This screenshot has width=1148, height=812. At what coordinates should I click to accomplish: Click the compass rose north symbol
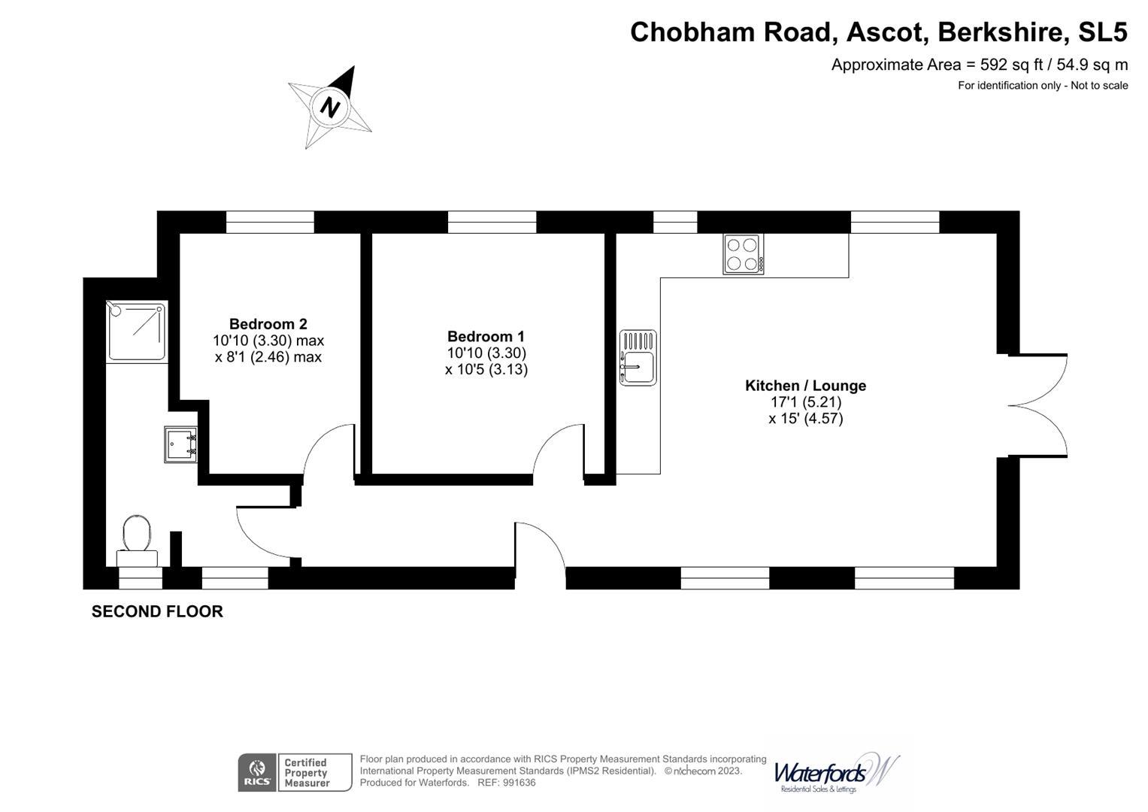(x=330, y=106)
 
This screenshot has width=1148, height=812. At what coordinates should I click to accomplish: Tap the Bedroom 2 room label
(x=268, y=324)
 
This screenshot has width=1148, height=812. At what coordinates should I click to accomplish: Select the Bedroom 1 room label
(x=486, y=337)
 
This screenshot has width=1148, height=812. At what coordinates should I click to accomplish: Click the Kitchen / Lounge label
(x=805, y=386)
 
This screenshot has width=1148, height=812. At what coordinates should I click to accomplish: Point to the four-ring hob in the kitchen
(x=744, y=254)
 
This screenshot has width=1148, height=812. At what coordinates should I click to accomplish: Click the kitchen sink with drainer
(x=638, y=357)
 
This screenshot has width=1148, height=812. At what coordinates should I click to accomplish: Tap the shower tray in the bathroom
(x=137, y=331)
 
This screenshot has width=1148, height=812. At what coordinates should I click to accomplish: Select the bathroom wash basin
(x=180, y=444)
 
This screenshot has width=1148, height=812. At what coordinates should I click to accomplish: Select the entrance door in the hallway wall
(x=540, y=549)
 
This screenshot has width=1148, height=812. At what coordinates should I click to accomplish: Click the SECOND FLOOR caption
(x=157, y=611)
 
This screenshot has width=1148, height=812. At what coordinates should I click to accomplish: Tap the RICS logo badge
(x=256, y=772)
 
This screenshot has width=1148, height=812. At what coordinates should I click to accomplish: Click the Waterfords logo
(x=835, y=773)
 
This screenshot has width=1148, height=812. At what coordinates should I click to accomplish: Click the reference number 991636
(x=519, y=783)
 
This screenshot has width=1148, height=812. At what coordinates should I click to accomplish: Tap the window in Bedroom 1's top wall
(x=492, y=222)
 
